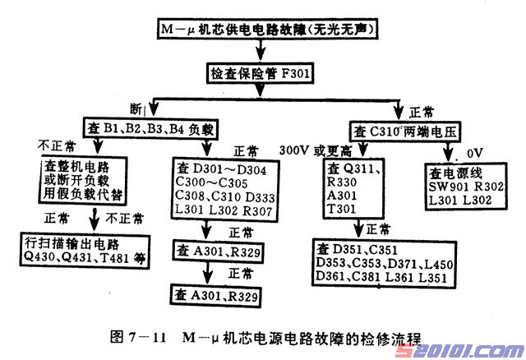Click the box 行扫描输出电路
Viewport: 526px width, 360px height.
[83, 251]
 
